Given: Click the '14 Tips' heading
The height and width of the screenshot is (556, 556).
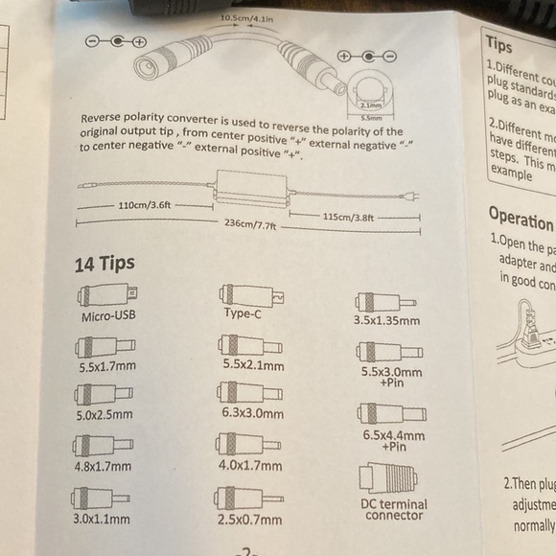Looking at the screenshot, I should [x=104, y=263].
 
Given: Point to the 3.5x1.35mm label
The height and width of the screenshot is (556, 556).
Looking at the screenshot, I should [x=387, y=321].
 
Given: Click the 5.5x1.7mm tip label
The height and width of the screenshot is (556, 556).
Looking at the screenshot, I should [x=108, y=366].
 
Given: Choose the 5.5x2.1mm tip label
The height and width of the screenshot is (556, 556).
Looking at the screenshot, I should [x=252, y=365].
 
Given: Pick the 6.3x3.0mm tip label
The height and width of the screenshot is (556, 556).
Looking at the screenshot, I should [x=252, y=414].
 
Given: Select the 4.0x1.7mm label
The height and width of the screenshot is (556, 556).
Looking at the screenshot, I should [x=252, y=465].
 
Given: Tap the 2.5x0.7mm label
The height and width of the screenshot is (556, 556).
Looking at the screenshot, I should [x=251, y=520].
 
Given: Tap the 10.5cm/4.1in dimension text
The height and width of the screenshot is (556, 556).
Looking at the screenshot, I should [x=245, y=18].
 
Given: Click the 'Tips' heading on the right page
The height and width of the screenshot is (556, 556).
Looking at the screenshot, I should [x=499, y=43].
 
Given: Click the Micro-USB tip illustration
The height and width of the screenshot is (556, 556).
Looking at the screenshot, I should [x=106, y=292].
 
